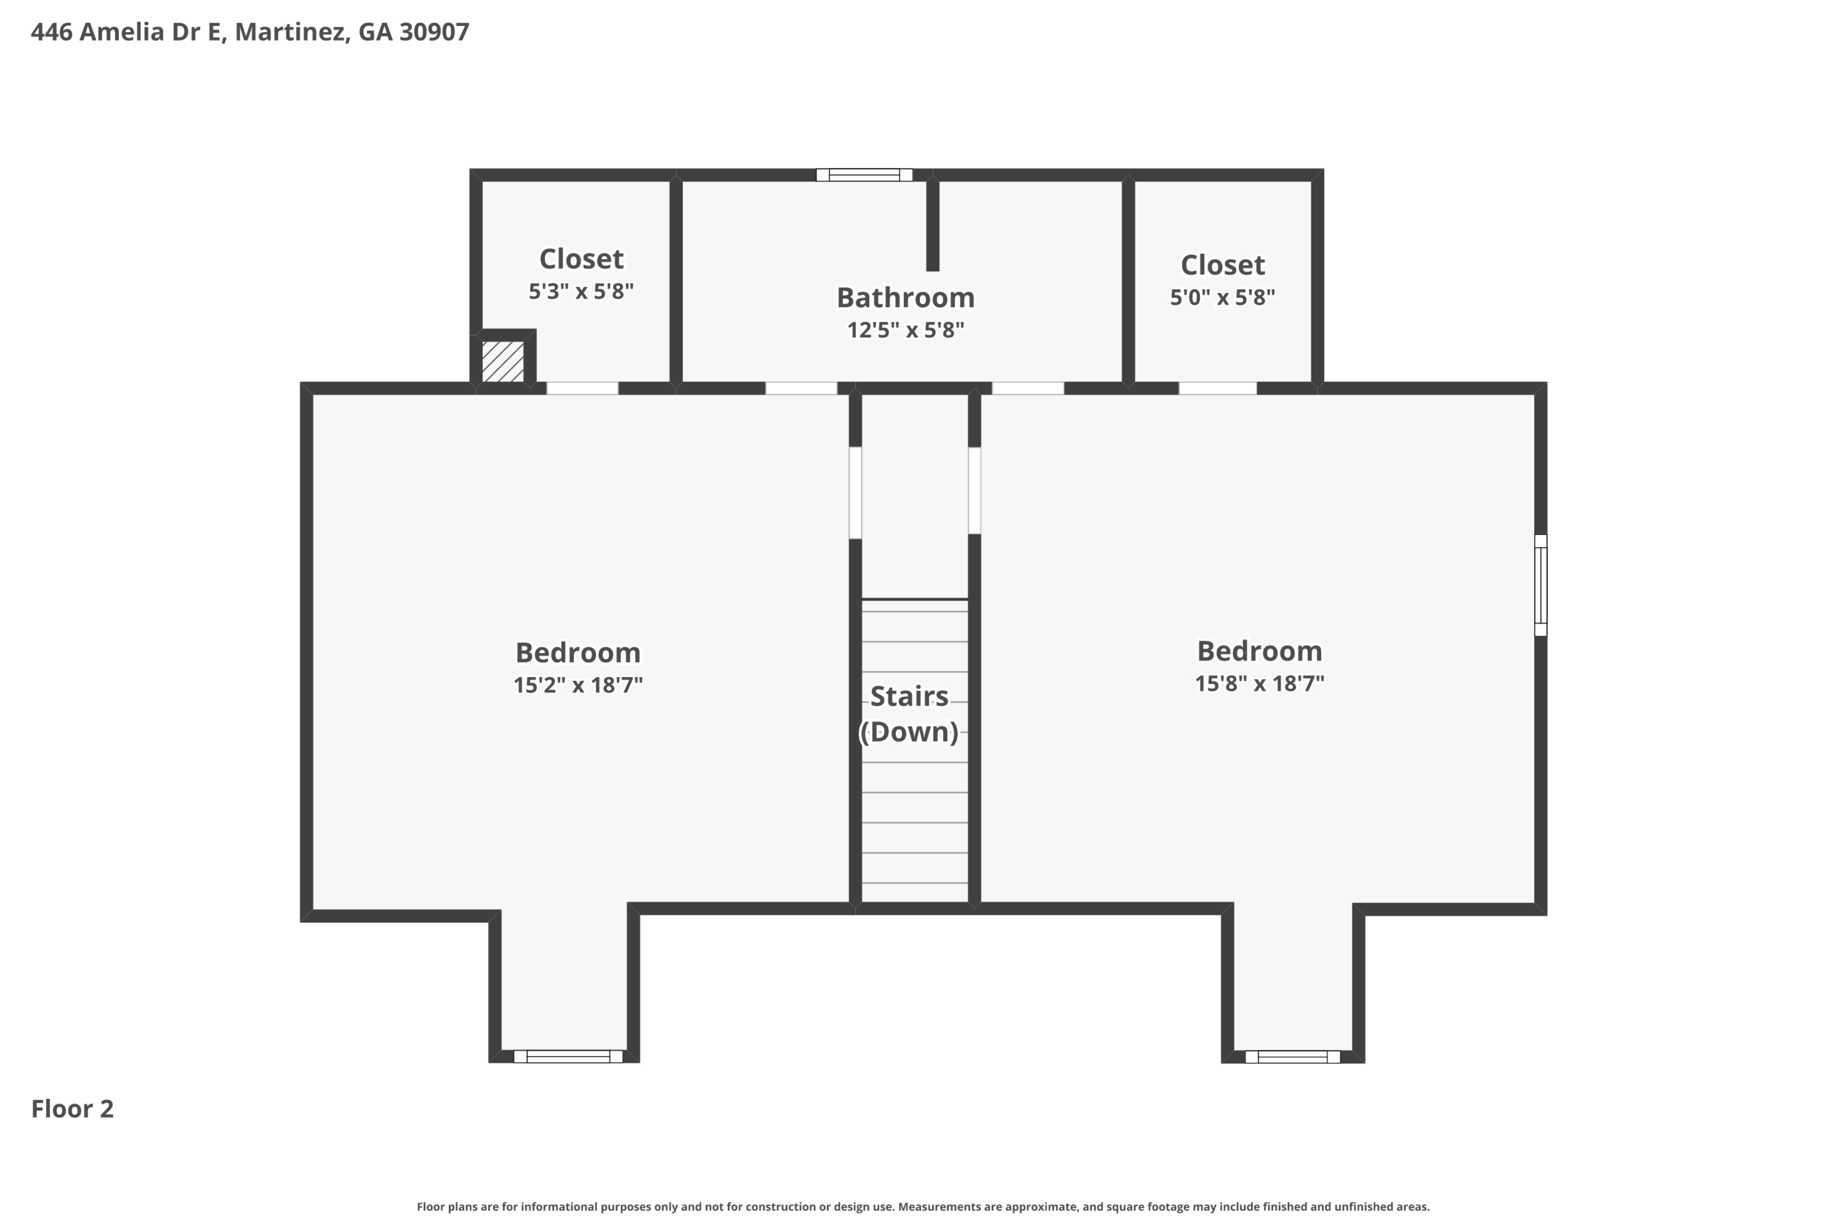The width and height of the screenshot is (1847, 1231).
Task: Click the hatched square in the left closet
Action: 502,362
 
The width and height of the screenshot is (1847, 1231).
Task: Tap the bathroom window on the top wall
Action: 864,175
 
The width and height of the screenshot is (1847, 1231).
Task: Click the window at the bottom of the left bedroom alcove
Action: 568,1056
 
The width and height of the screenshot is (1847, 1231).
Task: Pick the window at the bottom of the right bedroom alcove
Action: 1292,1057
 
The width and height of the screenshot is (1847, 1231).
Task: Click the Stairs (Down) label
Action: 909,713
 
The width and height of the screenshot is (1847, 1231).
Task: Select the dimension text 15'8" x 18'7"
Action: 1259,684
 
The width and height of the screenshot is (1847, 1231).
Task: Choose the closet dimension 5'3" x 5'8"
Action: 581,291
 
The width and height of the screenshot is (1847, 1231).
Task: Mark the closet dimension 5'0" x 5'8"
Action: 1222,297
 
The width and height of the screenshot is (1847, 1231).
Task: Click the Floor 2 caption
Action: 72,1109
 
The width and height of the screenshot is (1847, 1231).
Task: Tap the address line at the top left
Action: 250,31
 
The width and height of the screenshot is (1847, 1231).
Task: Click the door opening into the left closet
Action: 582,388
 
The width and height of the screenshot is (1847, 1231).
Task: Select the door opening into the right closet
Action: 1217,388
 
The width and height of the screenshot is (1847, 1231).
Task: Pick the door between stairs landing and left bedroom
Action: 855,492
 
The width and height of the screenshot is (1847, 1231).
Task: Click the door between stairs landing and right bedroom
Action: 974,490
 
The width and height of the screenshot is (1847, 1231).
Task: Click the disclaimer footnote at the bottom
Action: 923,1206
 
